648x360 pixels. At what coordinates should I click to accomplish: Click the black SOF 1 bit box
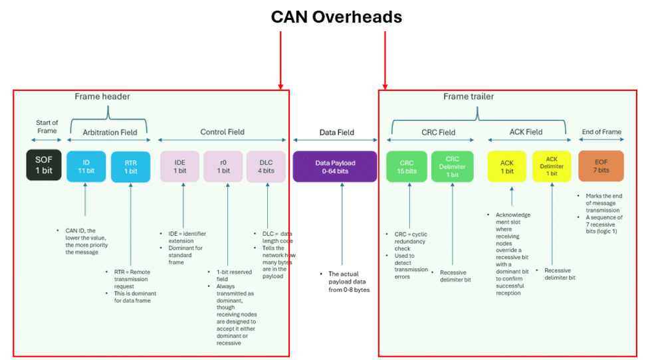(44, 165)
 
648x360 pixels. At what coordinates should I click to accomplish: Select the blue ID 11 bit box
(86, 166)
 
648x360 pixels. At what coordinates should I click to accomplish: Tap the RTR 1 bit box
(130, 167)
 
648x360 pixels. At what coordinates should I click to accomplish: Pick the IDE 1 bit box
(179, 167)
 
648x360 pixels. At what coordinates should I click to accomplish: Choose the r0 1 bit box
(223, 167)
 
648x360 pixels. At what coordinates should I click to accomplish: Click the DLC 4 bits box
(266, 167)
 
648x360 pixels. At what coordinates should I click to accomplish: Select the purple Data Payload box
(335, 167)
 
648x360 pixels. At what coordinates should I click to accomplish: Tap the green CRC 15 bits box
(407, 167)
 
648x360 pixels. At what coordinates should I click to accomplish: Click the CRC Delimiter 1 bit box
(452, 167)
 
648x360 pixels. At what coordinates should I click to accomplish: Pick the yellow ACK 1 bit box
(507, 167)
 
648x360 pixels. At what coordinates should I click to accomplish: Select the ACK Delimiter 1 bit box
(552, 167)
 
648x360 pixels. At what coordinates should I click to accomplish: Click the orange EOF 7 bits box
(601, 166)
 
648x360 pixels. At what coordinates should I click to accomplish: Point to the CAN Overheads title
(336, 17)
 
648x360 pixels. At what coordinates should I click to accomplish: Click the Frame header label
(102, 96)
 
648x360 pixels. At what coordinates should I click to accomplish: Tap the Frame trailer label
(469, 96)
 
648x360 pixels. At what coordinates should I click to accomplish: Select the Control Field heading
(223, 132)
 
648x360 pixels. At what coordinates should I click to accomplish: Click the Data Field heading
(337, 133)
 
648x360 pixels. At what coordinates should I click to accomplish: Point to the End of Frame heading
(601, 132)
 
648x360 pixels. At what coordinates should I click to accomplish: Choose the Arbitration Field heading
(110, 133)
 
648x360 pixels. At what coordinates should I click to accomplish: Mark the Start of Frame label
(47, 127)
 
